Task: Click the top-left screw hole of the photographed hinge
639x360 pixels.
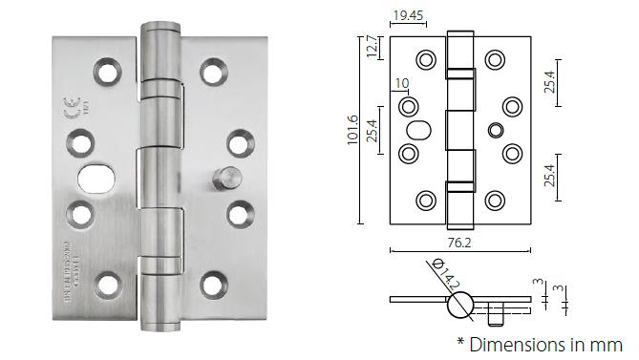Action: point(105,71)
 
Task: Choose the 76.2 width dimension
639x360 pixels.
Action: point(459,243)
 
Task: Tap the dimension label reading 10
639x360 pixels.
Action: point(400,84)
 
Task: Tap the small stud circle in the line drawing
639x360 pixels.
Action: point(494,129)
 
